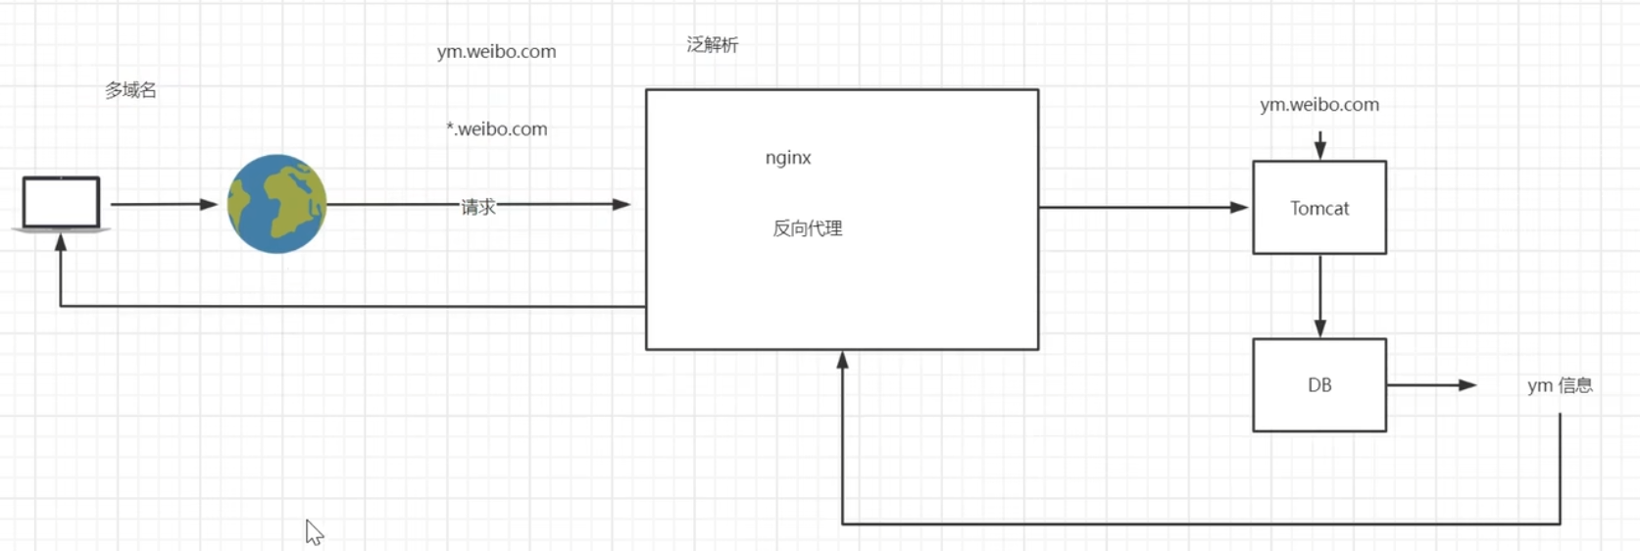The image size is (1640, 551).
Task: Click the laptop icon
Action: coord(61,203)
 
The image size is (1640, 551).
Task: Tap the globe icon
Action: coord(276,204)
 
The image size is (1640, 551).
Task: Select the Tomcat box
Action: coord(1318,208)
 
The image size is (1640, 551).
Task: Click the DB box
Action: coord(1318,385)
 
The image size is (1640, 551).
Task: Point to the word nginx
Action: coord(788,158)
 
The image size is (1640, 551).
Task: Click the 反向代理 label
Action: coord(807,228)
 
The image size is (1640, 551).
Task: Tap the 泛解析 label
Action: coord(712,45)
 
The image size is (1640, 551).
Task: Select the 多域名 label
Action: coord(130,90)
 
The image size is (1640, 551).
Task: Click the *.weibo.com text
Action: coord(497,129)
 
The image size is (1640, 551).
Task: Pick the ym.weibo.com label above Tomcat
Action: coord(1318,105)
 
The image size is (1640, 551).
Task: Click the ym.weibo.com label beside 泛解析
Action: coord(496,52)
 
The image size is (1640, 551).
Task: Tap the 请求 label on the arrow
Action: coord(478,207)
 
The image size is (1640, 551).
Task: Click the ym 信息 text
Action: coord(1559,385)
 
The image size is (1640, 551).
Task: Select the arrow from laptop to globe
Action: coord(163,204)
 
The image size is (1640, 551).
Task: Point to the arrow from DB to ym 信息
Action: coord(1431,385)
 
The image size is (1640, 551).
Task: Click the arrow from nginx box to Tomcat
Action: coord(1142,207)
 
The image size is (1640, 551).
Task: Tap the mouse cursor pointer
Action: coord(313,531)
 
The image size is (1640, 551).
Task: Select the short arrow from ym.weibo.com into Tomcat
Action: coord(1319,145)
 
